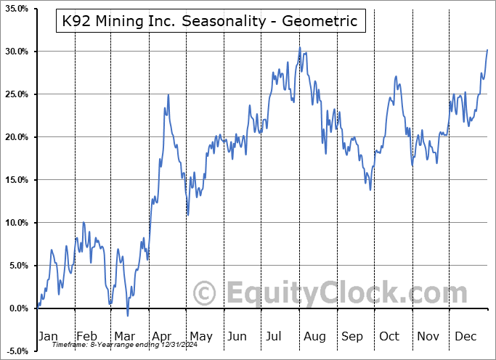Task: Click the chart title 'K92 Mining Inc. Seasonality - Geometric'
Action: tap(208, 21)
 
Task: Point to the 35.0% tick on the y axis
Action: tap(16, 9)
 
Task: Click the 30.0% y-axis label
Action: tap(16, 52)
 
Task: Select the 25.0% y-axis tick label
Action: tap(16, 94)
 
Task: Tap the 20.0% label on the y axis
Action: tap(16, 137)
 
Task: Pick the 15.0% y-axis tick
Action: tap(16, 180)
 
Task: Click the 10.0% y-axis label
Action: tap(16, 223)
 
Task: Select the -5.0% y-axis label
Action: tap(16, 351)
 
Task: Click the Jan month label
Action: tap(47, 336)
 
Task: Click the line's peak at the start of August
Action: tap(299, 48)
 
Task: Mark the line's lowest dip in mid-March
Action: tap(128, 316)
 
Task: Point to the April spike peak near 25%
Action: tap(168, 94)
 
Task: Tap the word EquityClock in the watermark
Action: tap(338, 295)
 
